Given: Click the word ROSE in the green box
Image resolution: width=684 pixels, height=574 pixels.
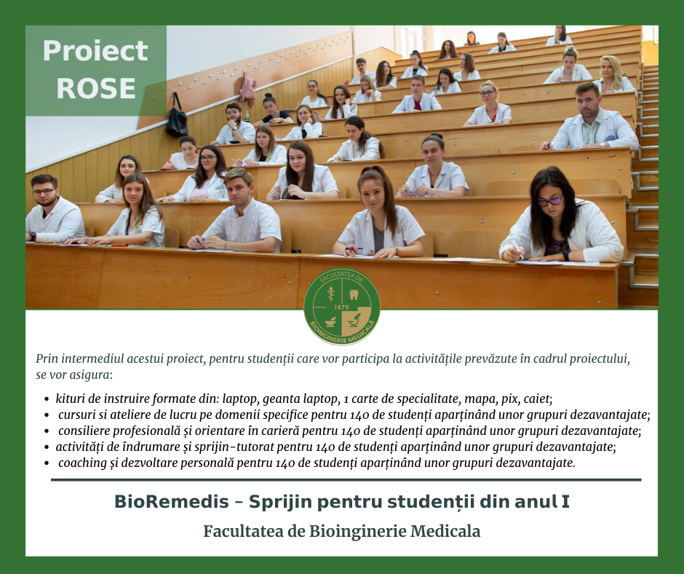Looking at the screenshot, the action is pos(96,88).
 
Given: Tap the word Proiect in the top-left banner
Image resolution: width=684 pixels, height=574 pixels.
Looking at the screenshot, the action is pos(95,51).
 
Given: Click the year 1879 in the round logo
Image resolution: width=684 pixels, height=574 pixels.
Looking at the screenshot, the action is pos(341,307).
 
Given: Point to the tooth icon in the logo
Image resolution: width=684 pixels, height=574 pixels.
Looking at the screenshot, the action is pos(354,294).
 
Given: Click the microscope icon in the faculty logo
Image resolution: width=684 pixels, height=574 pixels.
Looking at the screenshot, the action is pos(355,319).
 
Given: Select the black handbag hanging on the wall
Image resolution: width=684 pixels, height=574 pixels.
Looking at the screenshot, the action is pos(176,115).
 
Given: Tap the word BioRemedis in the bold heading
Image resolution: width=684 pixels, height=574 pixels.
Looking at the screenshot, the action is pos(172,502).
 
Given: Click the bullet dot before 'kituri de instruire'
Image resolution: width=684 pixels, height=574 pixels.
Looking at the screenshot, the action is pos(47,399).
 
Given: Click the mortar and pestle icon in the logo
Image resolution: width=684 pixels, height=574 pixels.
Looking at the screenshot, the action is pos(330,321).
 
